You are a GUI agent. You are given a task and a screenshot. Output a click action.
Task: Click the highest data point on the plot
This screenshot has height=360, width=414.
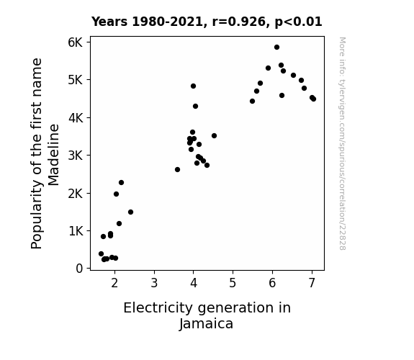tap(276, 48)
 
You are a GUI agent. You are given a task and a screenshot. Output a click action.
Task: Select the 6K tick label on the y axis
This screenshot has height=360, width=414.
tap(76, 42)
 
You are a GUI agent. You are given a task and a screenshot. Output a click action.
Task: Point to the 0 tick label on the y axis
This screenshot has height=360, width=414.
tap(79, 269)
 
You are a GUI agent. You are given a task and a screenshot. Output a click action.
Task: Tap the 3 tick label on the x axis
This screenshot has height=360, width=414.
tap(154, 283)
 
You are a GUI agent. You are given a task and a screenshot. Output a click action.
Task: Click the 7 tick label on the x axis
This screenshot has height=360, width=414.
tap(312, 283)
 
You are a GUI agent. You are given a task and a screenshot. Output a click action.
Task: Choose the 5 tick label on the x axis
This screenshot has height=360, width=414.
tap(233, 283)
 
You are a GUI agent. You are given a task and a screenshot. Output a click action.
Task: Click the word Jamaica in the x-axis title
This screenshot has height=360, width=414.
tap(206, 324)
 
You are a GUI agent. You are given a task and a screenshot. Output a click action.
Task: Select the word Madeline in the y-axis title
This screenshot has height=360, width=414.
tap(53, 155)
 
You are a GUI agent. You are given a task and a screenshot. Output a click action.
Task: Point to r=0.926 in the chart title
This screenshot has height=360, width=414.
tap(239, 22)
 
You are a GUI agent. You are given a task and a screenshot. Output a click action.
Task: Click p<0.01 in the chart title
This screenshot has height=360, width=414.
tap(299, 22)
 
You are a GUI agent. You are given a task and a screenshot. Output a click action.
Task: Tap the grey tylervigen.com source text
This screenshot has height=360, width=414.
tap(342, 143)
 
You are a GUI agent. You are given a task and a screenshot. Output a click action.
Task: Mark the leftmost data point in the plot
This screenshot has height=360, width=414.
tap(101, 254)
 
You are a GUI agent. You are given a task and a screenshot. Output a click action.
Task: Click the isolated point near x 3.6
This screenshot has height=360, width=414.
tap(177, 170)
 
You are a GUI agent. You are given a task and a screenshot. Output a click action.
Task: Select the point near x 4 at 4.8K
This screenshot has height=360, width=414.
tap(193, 86)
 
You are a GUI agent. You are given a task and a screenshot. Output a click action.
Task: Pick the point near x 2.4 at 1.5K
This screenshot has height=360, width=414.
tap(131, 212)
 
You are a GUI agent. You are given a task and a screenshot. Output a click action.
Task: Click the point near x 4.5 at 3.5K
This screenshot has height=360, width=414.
tap(214, 136)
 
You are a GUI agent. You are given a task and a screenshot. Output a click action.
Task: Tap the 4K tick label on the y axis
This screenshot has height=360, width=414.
tap(76, 118)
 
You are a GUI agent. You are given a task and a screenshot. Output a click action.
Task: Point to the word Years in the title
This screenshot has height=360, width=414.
tap(109, 22)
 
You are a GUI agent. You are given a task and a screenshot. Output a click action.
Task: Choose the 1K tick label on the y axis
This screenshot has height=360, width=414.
tap(76, 231)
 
